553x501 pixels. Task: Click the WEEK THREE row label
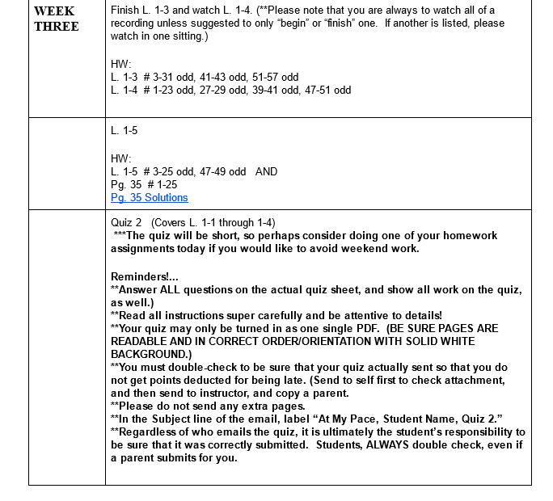[x=56, y=19]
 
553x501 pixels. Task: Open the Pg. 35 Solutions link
[x=149, y=197]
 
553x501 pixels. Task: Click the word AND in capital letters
[x=266, y=171]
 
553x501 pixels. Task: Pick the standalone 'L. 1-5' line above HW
[x=124, y=130]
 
